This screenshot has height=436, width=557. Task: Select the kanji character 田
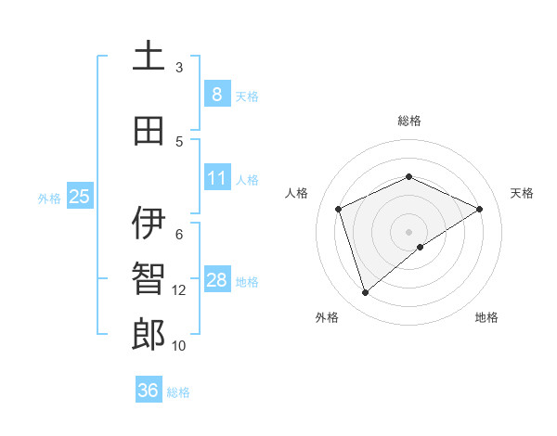(149, 131)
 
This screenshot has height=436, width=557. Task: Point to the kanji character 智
(149, 279)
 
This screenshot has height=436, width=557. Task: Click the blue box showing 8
(216, 94)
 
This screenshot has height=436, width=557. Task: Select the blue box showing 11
(216, 178)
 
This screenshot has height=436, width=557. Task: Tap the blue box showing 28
(216, 280)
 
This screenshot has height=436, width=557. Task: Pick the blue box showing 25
(79, 197)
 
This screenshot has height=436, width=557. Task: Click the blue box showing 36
(148, 391)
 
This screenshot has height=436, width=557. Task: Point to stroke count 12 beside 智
(179, 290)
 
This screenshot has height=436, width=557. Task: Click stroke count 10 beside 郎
(179, 346)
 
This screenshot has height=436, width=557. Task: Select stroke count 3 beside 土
(179, 68)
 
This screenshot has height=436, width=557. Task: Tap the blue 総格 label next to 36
(178, 392)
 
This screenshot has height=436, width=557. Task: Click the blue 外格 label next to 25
(49, 198)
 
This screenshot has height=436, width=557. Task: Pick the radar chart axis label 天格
(522, 193)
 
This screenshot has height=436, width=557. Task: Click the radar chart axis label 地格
(486, 317)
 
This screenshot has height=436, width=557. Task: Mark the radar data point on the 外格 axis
(365, 293)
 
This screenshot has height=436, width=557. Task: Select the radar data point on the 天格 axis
(479, 209)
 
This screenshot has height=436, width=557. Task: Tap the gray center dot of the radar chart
(408, 232)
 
